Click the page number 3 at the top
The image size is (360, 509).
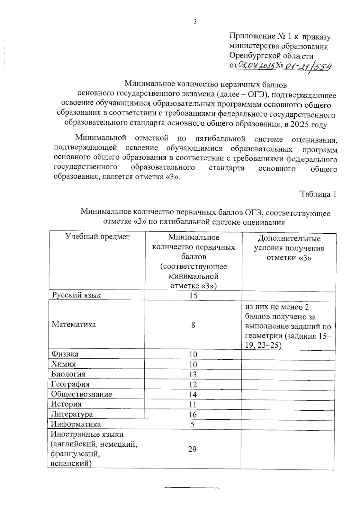(x=195, y=22)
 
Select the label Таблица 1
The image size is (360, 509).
(x=318, y=194)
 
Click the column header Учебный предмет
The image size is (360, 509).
(x=97, y=237)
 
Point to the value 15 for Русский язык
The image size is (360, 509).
(x=193, y=295)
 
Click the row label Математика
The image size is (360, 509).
(x=74, y=324)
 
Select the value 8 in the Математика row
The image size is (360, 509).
(x=193, y=325)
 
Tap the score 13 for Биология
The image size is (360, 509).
(x=193, y=374)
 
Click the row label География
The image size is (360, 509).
(x=70, y=384)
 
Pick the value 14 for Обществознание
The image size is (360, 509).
(x=193, y=394)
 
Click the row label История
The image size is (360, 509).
(x=66, y=404)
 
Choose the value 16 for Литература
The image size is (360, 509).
(x=193, y=415)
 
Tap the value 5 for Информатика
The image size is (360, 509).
(x=193, y=424)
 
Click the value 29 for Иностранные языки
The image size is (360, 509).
(x=192, y=449)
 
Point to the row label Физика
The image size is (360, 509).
(x=65, y=354)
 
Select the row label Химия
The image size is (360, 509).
(x=64, y=364)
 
